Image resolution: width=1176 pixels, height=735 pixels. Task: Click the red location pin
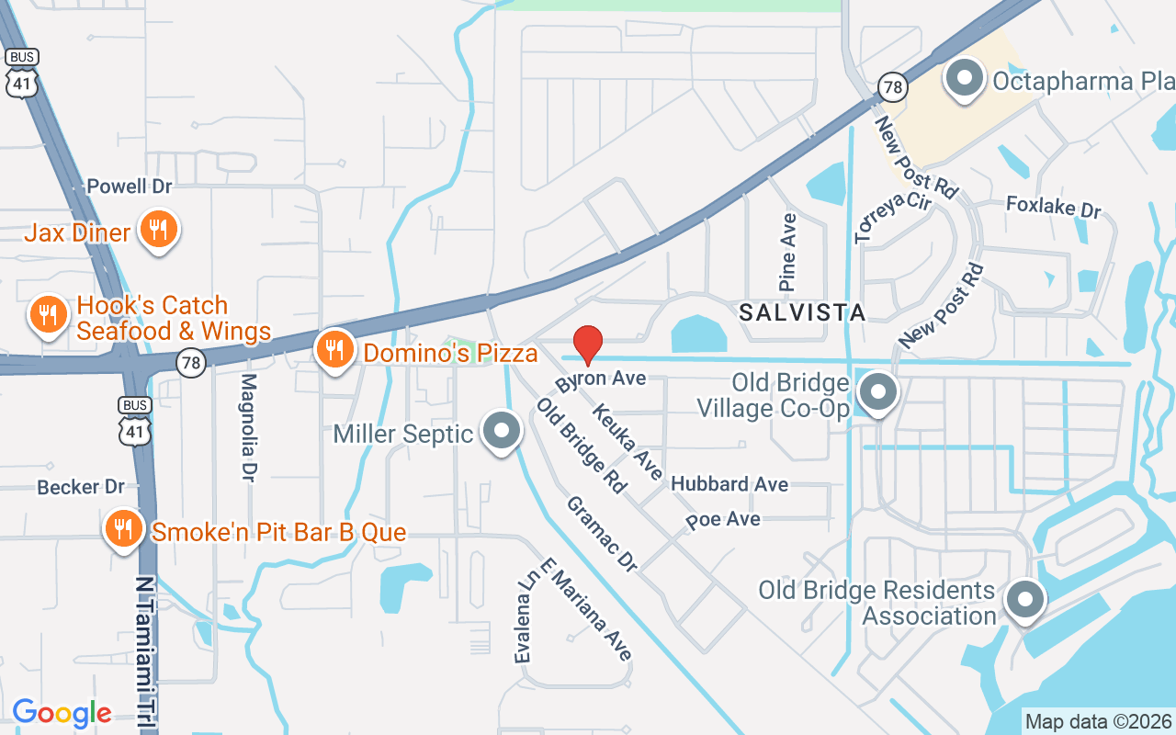588,345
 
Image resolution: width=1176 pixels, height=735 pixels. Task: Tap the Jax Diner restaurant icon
158,230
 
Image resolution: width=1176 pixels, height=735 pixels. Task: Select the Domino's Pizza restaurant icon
335,350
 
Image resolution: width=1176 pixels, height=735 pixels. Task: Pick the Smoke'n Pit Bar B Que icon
122,528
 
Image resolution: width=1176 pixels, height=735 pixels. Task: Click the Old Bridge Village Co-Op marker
878,392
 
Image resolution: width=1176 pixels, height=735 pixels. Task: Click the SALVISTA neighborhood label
803,312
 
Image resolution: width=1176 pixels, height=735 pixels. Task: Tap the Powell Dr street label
130,187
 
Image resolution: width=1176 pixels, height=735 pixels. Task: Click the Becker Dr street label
81,487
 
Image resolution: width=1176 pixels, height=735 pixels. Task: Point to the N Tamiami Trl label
144,653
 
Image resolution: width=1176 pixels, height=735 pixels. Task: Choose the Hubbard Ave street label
729,484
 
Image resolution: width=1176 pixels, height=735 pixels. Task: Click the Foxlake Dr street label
1053,207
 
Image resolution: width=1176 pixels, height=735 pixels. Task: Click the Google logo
62,713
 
